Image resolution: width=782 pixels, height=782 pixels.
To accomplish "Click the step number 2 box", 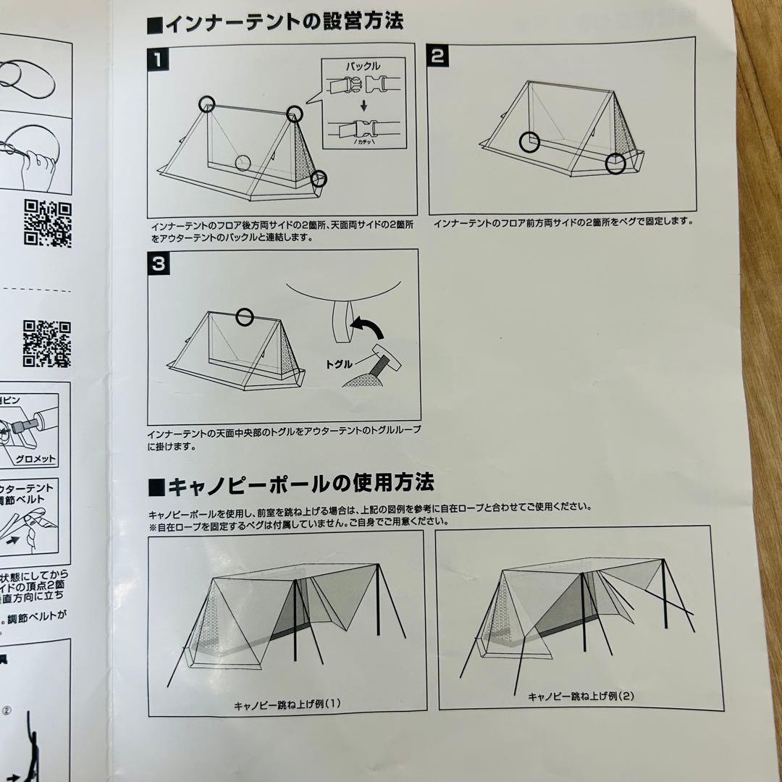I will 437,56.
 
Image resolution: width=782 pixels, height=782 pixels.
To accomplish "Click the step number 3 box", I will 159,264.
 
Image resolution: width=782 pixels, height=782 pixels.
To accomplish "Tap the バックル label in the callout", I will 363,66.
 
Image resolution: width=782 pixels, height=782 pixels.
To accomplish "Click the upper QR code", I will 48,224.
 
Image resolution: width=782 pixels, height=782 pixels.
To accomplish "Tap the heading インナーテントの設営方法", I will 275,22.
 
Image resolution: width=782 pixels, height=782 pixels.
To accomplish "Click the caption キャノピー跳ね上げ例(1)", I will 287,703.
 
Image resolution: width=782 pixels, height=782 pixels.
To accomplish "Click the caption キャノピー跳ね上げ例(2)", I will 581,697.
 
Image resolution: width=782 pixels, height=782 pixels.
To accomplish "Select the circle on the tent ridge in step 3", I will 245,316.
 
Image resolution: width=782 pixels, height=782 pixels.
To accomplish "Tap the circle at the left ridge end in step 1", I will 208,104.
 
